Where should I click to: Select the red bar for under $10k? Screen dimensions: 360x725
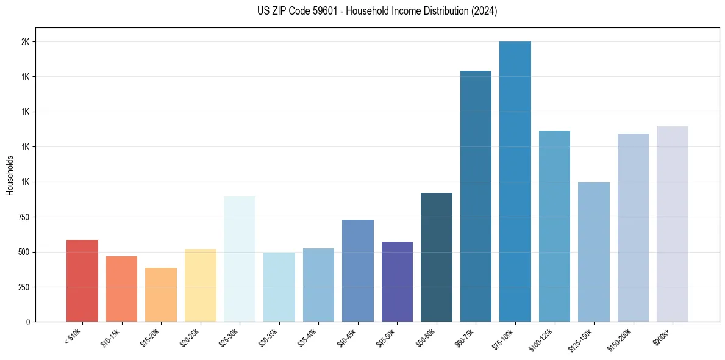82,281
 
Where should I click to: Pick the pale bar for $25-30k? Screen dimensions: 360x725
240,259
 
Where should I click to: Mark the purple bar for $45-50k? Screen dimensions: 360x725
397,281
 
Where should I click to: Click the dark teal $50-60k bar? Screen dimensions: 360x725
437,257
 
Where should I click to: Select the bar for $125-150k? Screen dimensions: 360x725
594,252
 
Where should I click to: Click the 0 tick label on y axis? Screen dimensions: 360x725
27,322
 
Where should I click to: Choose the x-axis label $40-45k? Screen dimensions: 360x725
348,337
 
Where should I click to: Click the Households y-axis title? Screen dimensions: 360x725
10,175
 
